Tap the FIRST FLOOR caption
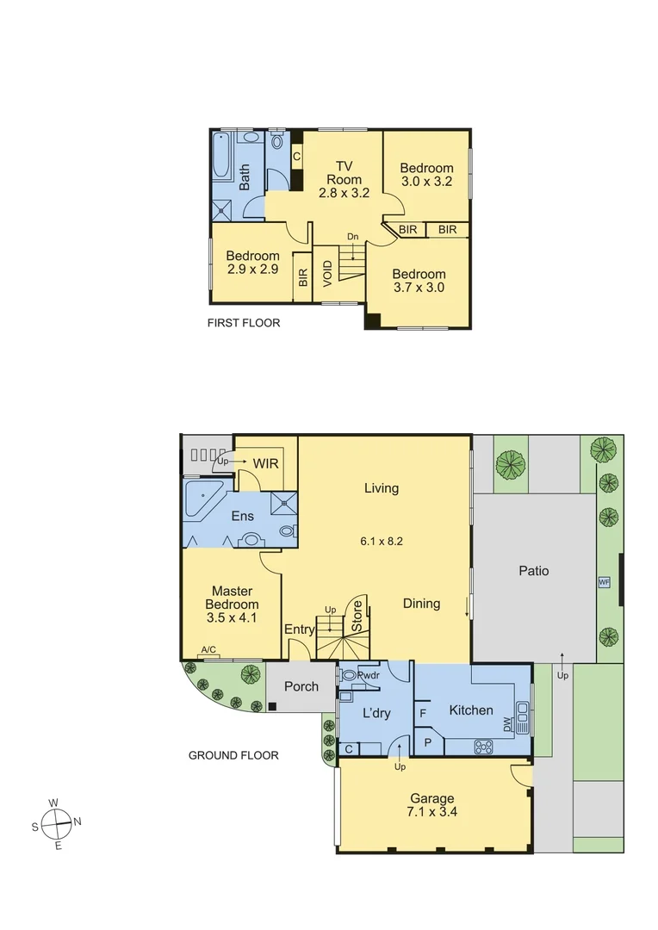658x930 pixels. [x=244, y=324]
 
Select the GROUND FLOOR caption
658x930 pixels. [x=233, y=755]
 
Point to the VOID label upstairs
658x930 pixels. [x=327, y=273]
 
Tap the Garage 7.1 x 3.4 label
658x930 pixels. [x=432, y=805]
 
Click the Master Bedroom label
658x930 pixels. [x=232, y=604]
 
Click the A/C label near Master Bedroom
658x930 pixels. [x=208, y=650]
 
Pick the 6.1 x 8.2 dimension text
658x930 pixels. [x=382, y=542]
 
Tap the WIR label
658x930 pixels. [x=265, y=463]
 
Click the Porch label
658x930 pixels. [x=301, y=686]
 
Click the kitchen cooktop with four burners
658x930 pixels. [x=483, y=747]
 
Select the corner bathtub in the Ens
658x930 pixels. [x=203, y=501]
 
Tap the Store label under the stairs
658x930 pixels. [x=357, y=617]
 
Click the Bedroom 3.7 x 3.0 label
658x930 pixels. [x=418, y=281]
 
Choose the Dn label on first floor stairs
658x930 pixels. [x=352, y=237]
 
